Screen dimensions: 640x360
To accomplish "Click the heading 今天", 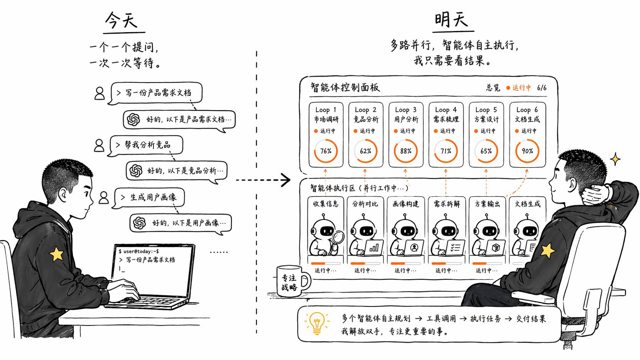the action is (x=121, y=21).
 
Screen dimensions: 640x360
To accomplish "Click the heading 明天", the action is (x=451, y=20).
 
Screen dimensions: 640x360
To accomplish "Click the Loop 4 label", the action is (x=446, y=110).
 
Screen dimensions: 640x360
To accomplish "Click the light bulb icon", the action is (x=317, y=323).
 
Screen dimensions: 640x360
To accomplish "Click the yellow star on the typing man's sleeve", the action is (x=57, y=254).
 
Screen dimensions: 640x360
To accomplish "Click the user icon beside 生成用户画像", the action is (x=104, y=197).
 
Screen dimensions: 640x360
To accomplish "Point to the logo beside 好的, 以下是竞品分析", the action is (x=136, y=171).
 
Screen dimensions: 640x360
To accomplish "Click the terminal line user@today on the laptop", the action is (x=139, y=251).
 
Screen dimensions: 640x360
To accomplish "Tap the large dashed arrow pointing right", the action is (x=263, y=180).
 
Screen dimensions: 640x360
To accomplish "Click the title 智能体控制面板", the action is (x=345, y=87).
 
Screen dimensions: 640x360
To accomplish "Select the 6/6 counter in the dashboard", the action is (x=542, y=88).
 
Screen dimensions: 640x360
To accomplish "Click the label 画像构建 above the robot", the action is (x=405, y=204).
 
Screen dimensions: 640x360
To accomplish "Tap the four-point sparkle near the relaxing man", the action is (x=615, y=159).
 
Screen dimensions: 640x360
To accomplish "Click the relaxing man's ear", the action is (x=572, y=184).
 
